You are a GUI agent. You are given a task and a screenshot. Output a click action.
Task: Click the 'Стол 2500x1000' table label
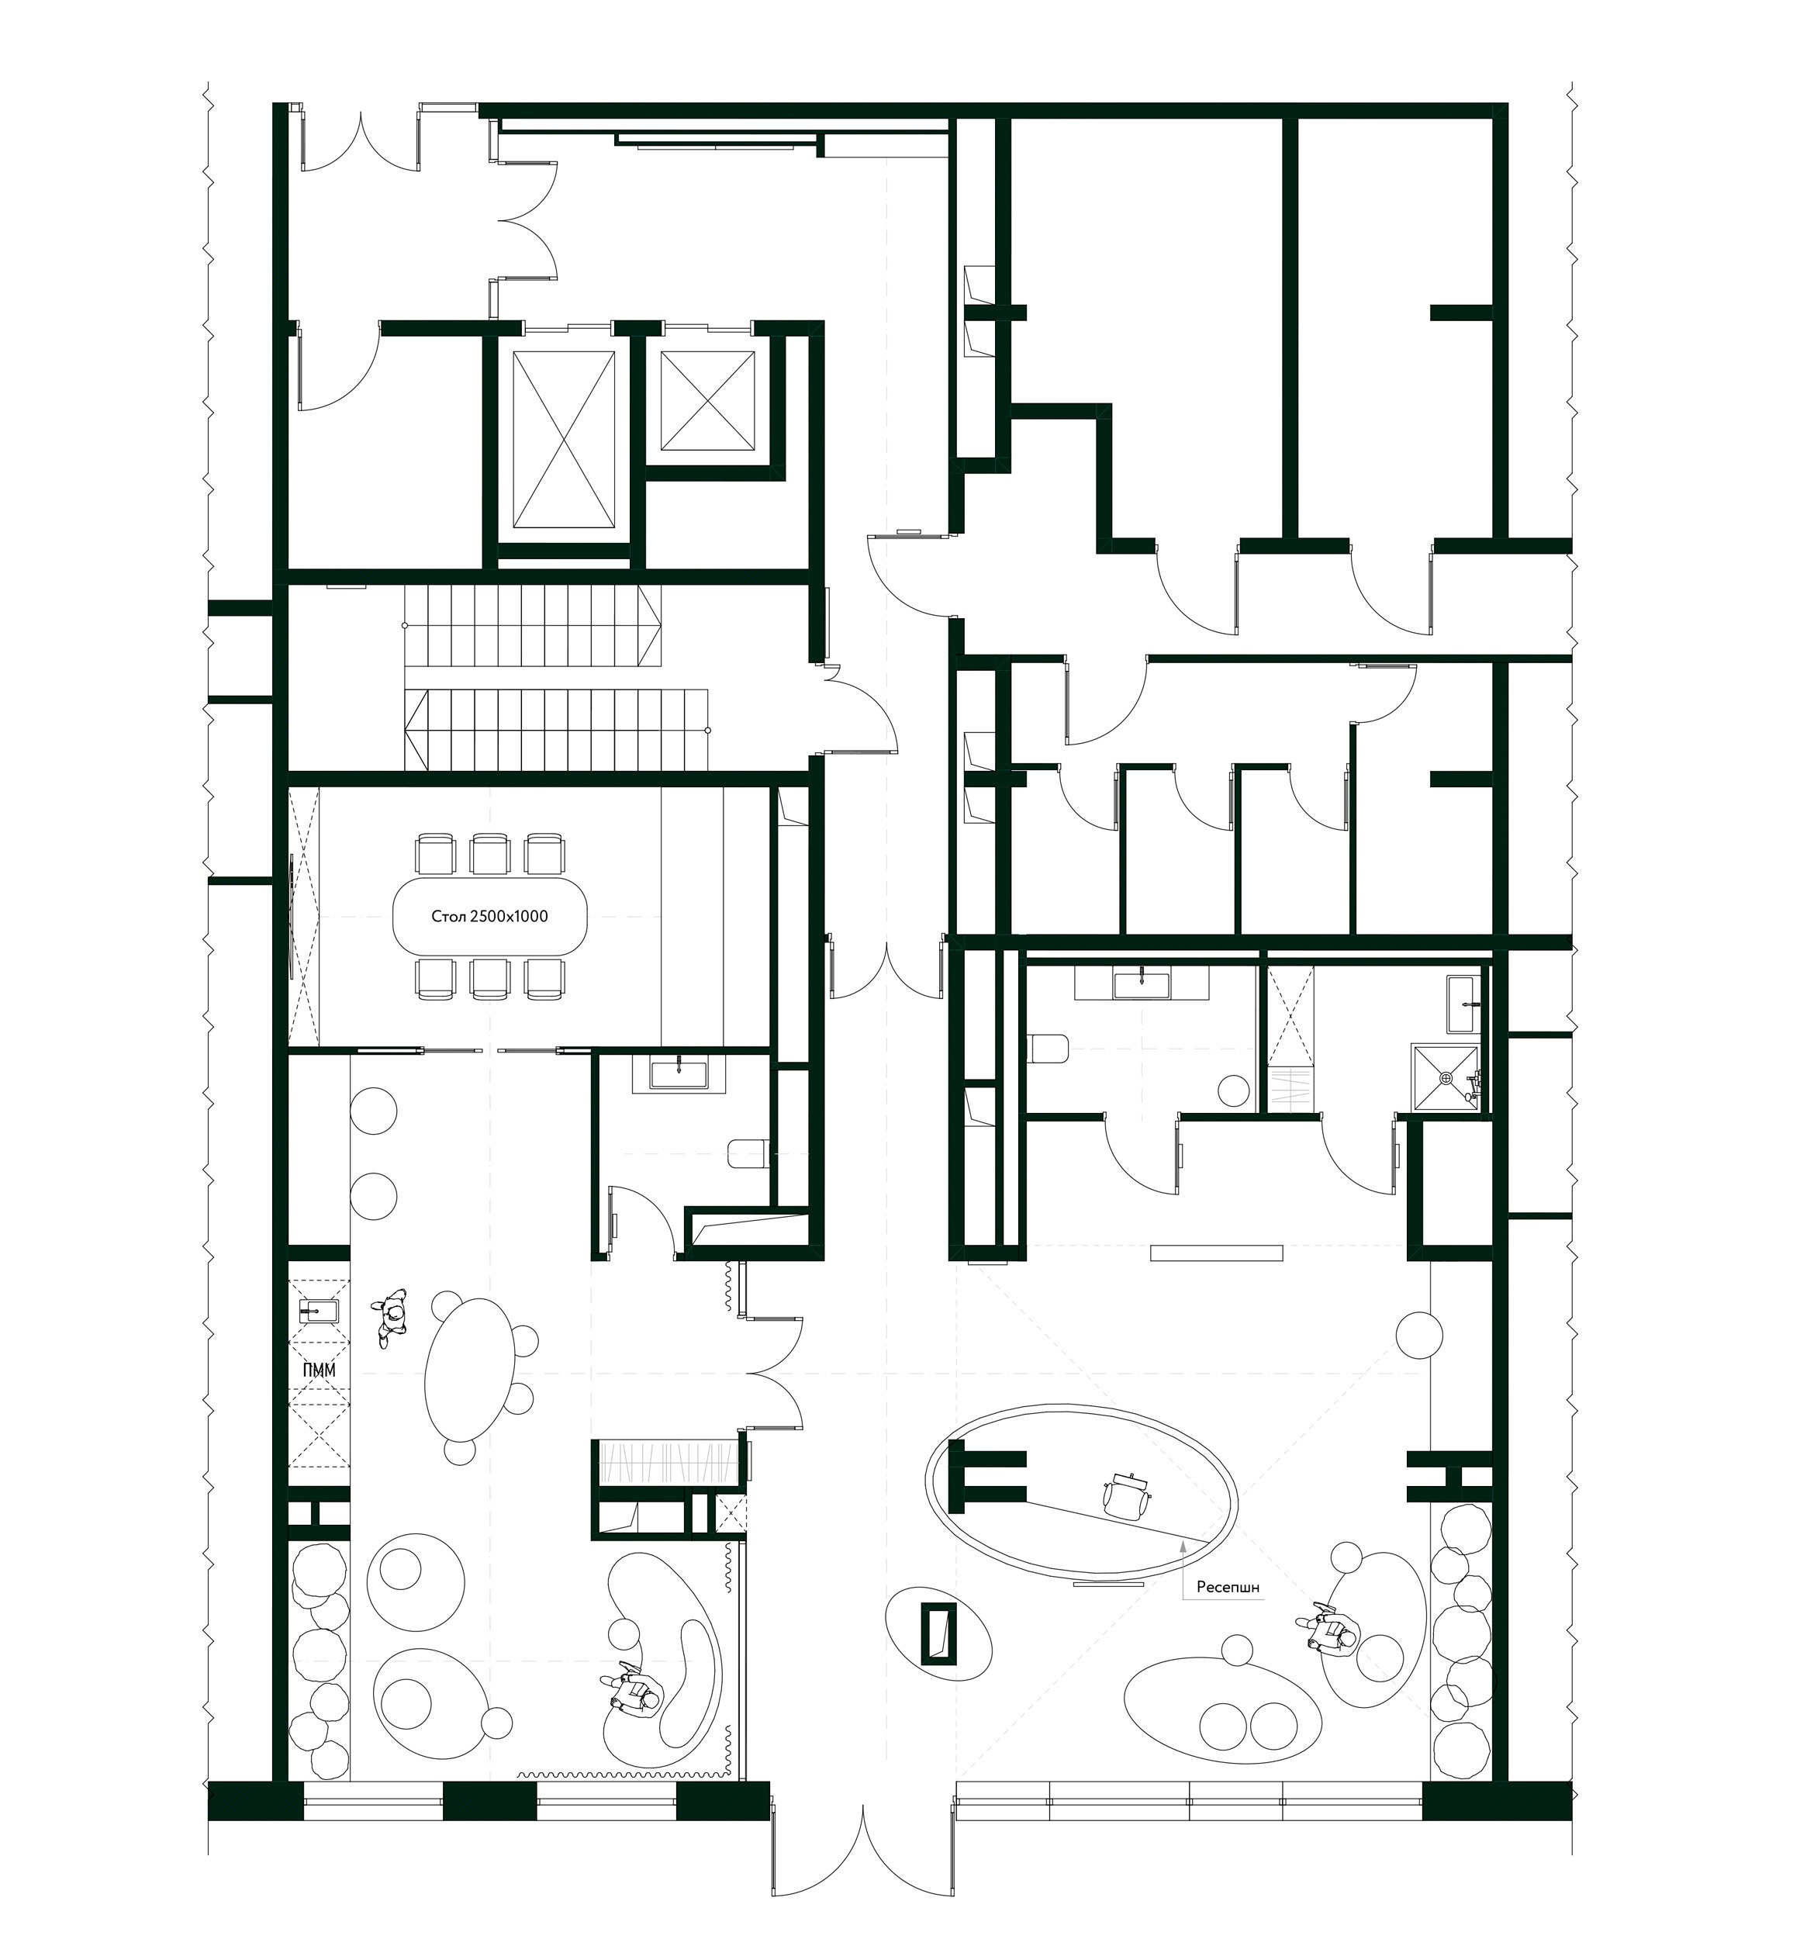[x=489, y=917]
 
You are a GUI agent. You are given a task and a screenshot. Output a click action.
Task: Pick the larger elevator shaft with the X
[x=565, y=441]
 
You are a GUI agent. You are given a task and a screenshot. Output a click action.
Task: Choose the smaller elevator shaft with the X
[x=707, y=401]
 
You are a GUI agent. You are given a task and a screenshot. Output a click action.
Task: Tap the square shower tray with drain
[x=1446, y=1077]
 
